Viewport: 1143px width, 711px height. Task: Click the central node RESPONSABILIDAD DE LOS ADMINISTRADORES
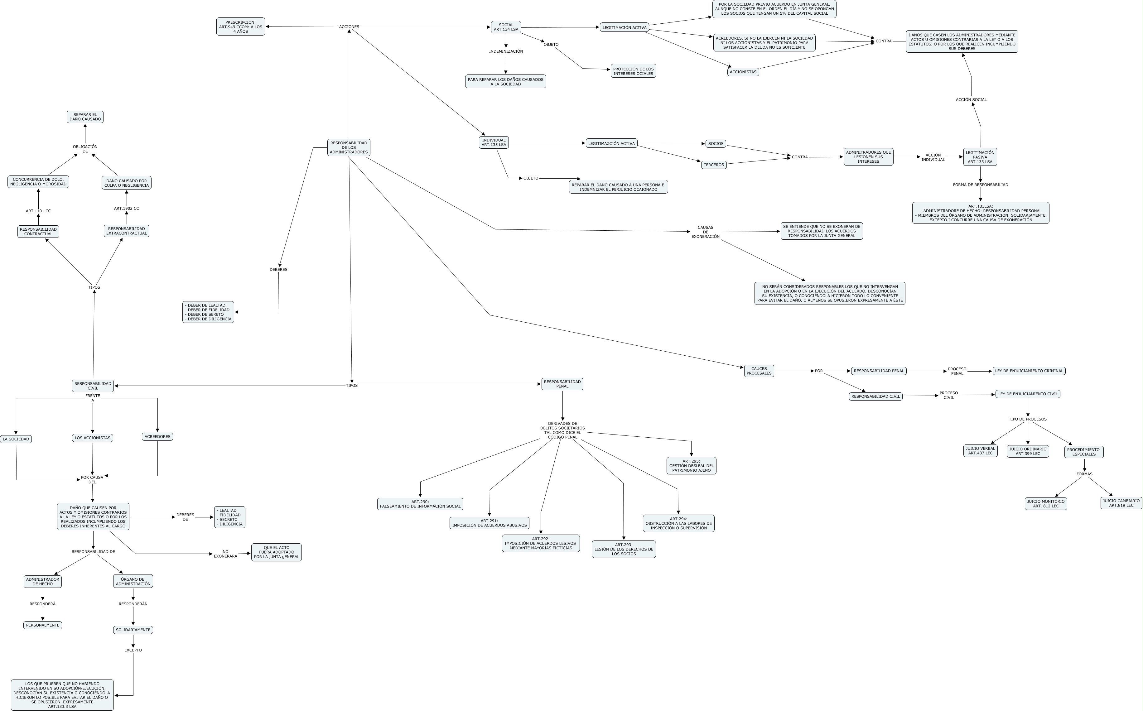[349, 147]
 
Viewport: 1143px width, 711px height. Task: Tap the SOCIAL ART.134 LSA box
[506, 27]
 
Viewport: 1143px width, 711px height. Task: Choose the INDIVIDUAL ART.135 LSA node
[494, 142]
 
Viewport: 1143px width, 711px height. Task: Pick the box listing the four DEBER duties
[208, 312]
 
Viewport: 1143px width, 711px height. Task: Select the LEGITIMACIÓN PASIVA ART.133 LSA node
[980, 157]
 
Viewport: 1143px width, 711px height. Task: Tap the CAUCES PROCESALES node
[759, 371]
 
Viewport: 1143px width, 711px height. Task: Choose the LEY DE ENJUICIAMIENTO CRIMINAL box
[1029, 371]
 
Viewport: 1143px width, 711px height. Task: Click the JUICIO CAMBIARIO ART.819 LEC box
[1121, 503]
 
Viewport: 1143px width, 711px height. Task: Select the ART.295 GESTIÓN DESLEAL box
[691, 466]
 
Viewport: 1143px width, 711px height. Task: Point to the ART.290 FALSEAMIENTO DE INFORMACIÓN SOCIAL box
[420, 504]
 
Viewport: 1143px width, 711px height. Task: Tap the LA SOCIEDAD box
[16, 439]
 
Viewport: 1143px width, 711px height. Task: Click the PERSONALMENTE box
[43, 625]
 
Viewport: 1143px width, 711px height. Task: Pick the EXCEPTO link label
[133, 650]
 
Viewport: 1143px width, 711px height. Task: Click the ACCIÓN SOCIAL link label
[971, 100]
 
